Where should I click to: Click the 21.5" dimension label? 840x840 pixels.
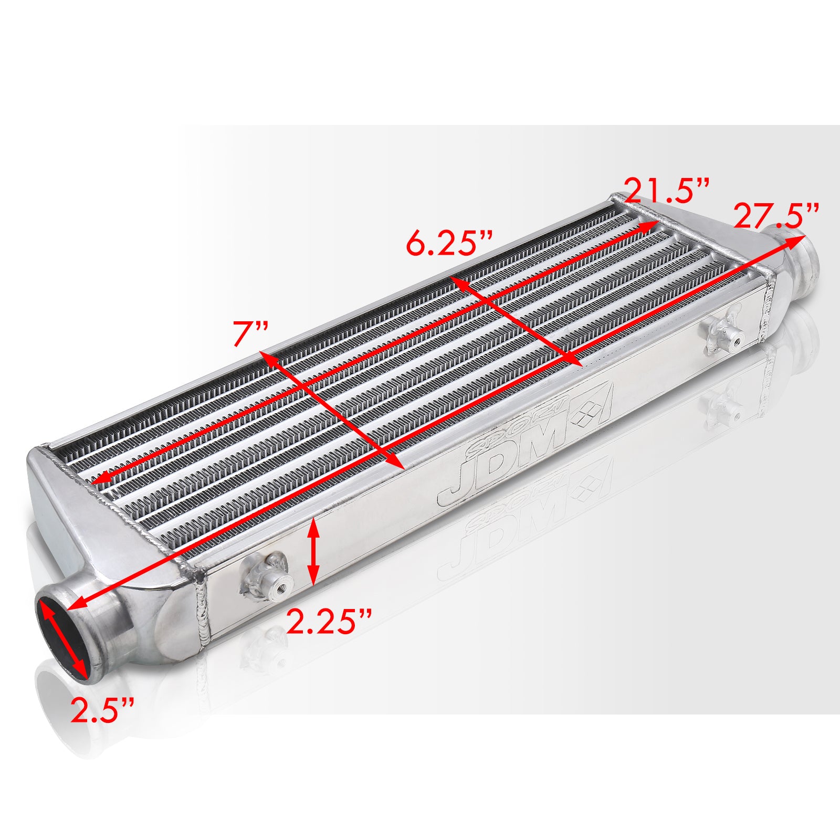pyautogui.click(x=667, y=191)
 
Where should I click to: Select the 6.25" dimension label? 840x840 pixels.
pyautogui.click(x=449, y=245)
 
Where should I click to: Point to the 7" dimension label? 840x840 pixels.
pyautogui.click(x=251, y=335)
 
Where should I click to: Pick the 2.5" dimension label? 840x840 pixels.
pyautogui.click(x=103, y=710)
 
